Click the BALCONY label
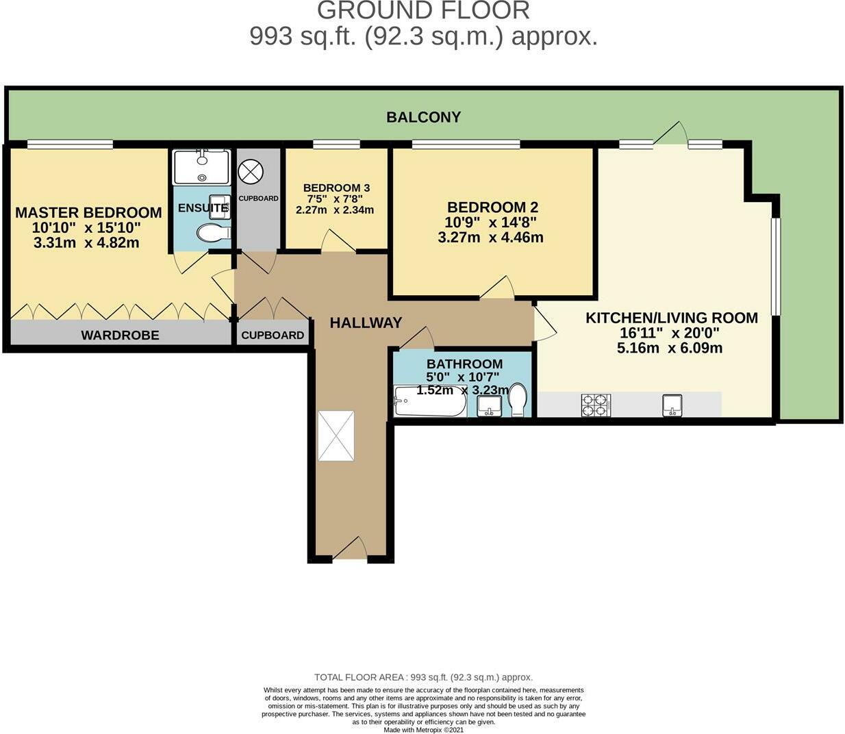(423, 117)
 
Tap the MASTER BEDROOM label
(88, 212)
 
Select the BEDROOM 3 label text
(336, 188)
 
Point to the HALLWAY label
(366, 322)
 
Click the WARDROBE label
(120, 335)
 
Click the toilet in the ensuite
(213, 233)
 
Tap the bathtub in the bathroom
(430, 402)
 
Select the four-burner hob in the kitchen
(595, 405)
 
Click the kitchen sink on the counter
(672, 405)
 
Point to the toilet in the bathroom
(518, 400)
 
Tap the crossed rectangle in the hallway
(336, 436)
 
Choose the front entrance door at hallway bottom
(350, 549)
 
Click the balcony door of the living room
(670, 134)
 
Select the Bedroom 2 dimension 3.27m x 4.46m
(490, 238)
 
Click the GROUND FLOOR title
(423, 10)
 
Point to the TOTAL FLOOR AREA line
(423, 677)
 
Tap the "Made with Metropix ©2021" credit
(423, 730)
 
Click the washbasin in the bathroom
(489, 407)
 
